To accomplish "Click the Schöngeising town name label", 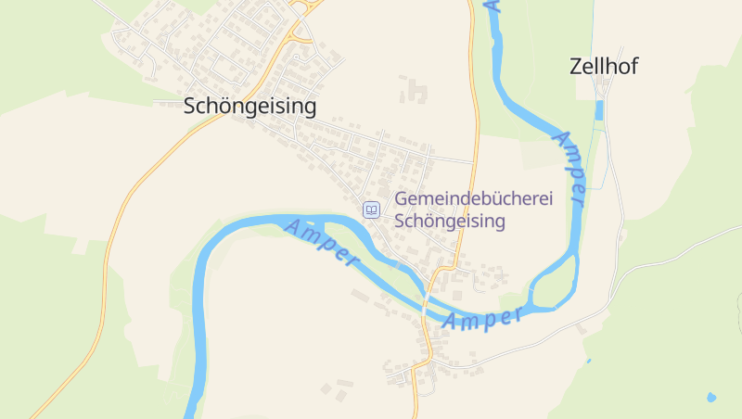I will click(250, 106).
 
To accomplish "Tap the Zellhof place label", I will click(604, 66).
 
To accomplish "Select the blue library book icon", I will click(371, 210).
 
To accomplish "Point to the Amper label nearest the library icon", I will click(320, 240).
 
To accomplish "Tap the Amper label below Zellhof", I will click(569, 167).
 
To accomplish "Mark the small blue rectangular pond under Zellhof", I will click(598, 110).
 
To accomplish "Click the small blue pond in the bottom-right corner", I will click(711, 397).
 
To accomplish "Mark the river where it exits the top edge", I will click(493, 4).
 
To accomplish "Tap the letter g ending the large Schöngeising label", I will click(309, 108).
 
